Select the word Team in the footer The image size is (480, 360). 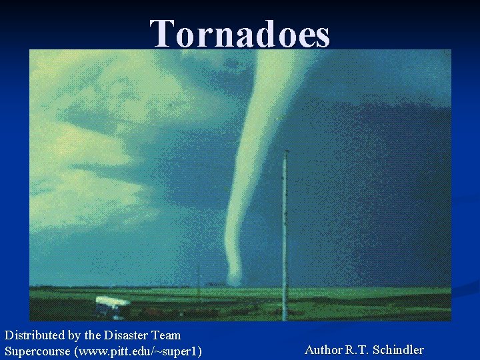click(x=165, y=335)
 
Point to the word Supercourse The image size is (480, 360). click(x=37, y=351)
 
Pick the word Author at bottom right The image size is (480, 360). click(x=323, y=349)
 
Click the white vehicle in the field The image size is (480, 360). click(x=111, y=305)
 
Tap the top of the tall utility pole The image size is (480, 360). click(x=285, y=152)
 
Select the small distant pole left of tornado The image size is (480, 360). click(x=198, y=277)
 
